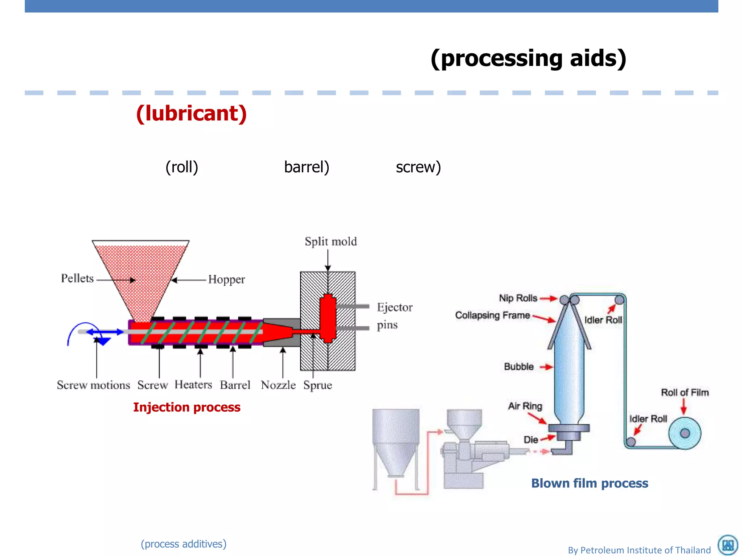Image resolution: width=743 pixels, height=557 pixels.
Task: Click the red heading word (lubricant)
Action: coord(191,114)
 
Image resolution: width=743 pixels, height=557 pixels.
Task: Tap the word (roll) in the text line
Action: coord(182,167)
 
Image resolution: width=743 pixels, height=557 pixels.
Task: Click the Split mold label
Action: coord(331,242)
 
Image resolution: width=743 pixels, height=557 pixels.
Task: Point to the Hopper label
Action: coord(226,280)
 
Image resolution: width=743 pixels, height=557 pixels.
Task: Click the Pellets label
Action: coord(77,278)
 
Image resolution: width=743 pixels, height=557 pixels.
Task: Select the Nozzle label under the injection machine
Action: coord(278,385)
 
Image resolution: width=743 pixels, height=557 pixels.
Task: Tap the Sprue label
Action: coord(317,385)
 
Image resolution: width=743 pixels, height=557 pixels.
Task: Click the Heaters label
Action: coord(193,384)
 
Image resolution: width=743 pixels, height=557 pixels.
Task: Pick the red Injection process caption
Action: coord(186,407)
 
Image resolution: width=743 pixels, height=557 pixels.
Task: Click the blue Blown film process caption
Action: coord(590,483)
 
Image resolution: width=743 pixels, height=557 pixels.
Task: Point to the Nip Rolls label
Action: coord(518,298)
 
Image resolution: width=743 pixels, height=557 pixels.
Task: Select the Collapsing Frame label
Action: coord(492,315)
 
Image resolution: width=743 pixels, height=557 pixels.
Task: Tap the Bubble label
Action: coord(518,367)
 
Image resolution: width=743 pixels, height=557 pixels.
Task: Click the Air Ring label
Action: coord(525,406)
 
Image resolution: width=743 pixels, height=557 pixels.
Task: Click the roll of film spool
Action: coord(684,433)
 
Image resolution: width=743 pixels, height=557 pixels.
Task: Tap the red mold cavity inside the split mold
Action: coord(328,318)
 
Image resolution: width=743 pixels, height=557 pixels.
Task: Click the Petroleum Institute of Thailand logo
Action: coord(728,545)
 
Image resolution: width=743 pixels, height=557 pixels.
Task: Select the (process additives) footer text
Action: coord(184,544)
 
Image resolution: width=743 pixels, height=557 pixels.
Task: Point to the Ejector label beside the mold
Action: coord(394,308)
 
